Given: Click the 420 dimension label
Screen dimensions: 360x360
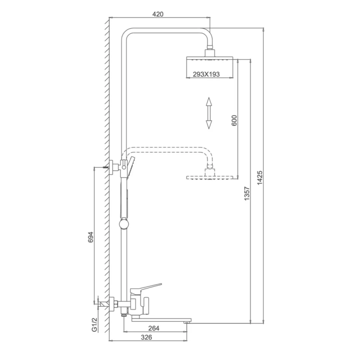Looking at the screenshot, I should coord(157,14).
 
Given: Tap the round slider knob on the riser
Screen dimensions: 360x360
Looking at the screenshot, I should coord(125,223).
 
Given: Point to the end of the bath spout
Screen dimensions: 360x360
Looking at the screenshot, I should coord(188,320).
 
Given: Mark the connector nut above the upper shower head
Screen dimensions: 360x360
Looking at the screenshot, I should coord(210,53).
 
